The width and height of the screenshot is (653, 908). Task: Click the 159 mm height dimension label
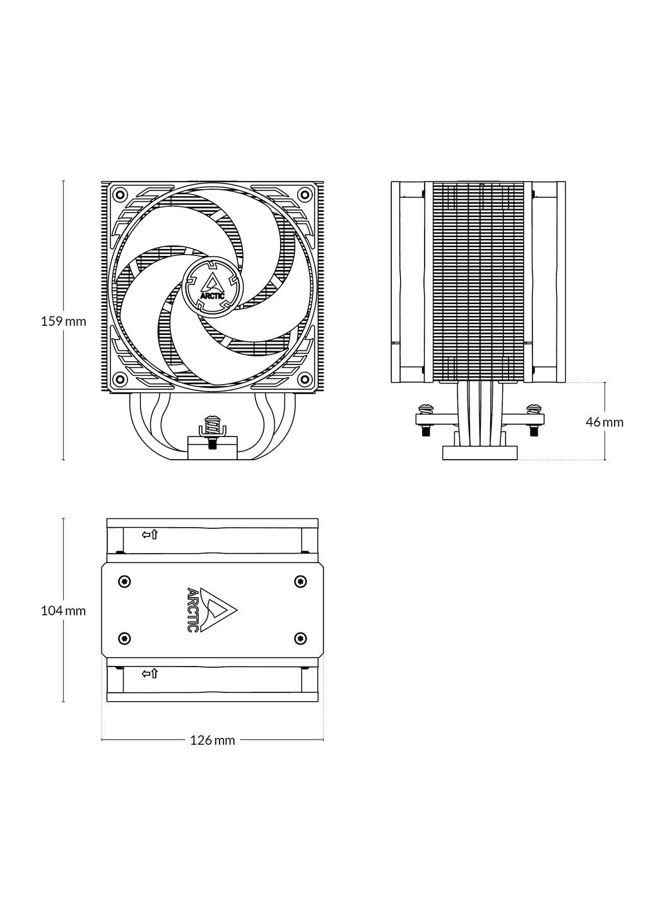coord(63,322)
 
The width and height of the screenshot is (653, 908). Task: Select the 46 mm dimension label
coord(604,422)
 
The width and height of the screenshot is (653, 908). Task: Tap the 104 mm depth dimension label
coord(63,610)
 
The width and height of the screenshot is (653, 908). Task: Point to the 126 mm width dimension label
coord(213,740)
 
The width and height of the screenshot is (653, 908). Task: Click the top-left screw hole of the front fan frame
coord(119,194)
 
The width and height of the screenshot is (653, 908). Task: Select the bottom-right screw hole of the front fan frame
coord(305,378)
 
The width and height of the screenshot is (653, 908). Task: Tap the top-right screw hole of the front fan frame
coord(305,194)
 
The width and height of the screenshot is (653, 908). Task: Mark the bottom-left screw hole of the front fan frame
coord(119,378)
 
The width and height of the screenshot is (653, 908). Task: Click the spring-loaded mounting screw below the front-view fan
coord(212,429)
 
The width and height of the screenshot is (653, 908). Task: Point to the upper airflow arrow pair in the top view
coord(150,535)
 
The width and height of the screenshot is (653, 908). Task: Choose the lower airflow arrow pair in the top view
coord(150,674)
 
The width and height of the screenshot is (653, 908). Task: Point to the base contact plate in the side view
coord(480,452)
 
